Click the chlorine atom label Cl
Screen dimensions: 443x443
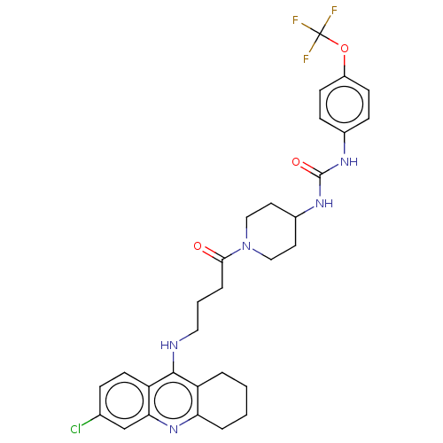point(75,429)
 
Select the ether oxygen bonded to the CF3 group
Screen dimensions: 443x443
point(345,49)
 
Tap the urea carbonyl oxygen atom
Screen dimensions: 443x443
point(296,162)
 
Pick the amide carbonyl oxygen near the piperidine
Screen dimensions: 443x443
point(198,246)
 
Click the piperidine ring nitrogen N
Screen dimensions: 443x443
point(246,246)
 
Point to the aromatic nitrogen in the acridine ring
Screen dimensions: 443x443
point(174,429)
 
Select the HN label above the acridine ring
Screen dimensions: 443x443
point(169,345)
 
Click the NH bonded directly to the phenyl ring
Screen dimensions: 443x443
point(349,162)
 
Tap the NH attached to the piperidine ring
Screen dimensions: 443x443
point(324,204)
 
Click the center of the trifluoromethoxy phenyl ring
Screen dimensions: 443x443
point(345,105)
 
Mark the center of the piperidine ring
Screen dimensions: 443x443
point(271,231)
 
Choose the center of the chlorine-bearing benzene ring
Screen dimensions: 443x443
point(124,400)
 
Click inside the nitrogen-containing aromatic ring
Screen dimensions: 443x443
point(174,400)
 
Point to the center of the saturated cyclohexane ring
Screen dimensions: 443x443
point(222,400)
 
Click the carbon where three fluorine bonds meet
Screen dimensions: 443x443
point(320,35)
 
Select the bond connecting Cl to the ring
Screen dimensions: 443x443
point(90,420)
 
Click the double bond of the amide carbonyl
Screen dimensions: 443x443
point(212,254)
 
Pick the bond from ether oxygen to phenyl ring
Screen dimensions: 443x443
point(345,65)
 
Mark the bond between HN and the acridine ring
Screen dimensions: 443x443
point(174,361)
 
